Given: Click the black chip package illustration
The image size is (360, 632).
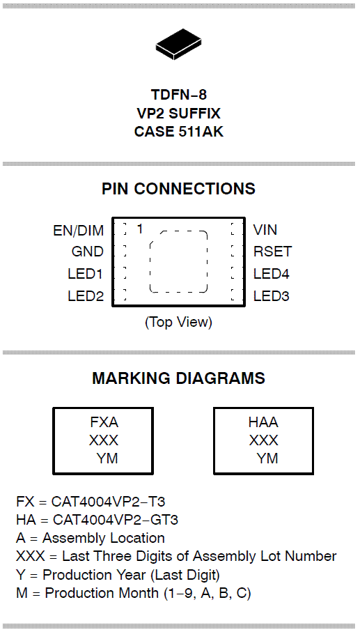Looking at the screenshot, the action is pyautogui.click(x=178, y=45).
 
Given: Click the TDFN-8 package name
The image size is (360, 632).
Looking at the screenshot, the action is pyautogui.click(x=179, y=95).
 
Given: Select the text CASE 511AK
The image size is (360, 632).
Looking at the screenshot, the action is pyautogui.click(x=179, y=132).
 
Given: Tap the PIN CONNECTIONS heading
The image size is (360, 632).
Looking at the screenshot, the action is pyautogui.click(x=178, y=189).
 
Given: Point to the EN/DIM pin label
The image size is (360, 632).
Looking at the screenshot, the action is pyautogui.click(x=79, y=231).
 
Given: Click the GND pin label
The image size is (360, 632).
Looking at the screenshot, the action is pyautogui.click(x=87, y=252).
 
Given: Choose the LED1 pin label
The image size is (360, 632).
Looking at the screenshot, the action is pyautogui.click(x=86, y=274).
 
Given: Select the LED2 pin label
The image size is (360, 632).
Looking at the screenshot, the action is pyautogui.click(x=86, y=296).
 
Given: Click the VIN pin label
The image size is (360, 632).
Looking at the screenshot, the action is pyautogui.click(x=265, y=230).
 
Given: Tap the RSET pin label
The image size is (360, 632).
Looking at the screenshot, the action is pyautogui.click(x=272, y=252).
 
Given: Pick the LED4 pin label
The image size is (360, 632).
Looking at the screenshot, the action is pyautogui.click(x=272, y=274).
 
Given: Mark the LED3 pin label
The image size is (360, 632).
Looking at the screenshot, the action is pyautogui.click(x=272, y=296).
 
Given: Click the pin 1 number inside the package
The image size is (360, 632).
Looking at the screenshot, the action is pyautogui.click(x=140, y=229).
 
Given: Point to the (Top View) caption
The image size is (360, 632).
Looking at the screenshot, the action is pyautogui.click(x=178, y=322).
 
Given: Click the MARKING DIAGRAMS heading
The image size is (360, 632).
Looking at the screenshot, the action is pyautogui.click(x=179, y=378).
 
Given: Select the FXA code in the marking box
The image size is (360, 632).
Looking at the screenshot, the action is pyautogui.click(x=104, y=422).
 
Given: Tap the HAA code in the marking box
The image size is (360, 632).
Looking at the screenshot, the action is pyautogui.click(x=263, y=422).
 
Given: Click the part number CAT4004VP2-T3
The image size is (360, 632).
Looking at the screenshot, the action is pyautogui.click(x=108, y=502).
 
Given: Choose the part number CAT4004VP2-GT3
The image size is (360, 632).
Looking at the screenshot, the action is pyautogui.click(x=115, y=520).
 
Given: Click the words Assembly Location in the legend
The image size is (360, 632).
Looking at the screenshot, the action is pyautogui.click(x=104, y=539).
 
